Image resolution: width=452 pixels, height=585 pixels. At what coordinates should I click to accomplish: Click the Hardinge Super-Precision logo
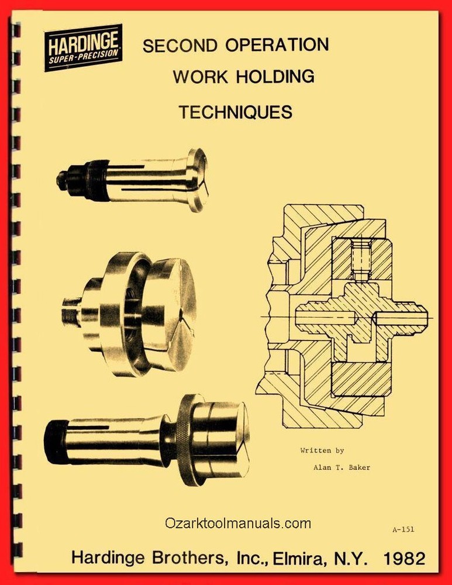click(x=84, y=47)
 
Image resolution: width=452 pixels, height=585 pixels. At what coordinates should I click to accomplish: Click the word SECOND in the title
click(x=180, y=46)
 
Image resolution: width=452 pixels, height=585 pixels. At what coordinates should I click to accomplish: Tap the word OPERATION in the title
click(x=277, y=44)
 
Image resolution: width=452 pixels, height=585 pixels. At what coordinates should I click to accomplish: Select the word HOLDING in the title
click(x=275, y=77)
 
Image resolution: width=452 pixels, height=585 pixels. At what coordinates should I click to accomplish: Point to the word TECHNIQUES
click(x=235, y=112)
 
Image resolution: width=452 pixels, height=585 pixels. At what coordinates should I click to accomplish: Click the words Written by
click(x=322, y=450)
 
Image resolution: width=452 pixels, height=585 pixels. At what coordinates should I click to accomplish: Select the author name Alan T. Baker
click(x=341, y=467)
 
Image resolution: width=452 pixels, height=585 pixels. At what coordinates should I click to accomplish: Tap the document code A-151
click(x=403, y=529)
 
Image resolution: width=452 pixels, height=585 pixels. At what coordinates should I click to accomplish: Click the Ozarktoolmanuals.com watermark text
click(x=238, y=523)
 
